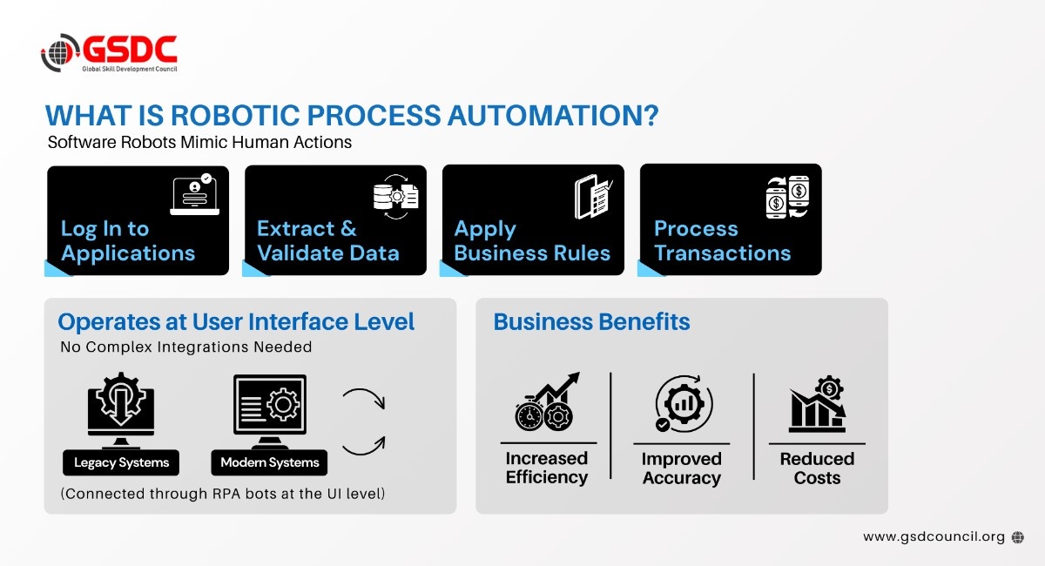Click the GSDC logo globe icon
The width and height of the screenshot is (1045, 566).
coord(60,52)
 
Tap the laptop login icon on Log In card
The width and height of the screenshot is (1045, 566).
coord(194,194)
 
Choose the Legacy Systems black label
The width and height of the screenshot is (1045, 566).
coord(121,462)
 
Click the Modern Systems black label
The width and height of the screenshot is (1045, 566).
coord(270,462)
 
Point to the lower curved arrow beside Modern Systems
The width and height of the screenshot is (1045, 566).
coord(363,444)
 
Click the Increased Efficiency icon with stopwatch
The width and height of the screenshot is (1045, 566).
coord(547,403)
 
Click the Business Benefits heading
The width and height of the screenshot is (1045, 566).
coord(591,322)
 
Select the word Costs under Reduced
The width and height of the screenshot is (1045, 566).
coord(817,478)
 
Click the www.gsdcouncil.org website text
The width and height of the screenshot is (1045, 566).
coord(934,537)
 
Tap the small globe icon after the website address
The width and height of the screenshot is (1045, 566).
coord(1018,537)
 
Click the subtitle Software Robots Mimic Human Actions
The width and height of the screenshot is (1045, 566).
coord(199,142)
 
